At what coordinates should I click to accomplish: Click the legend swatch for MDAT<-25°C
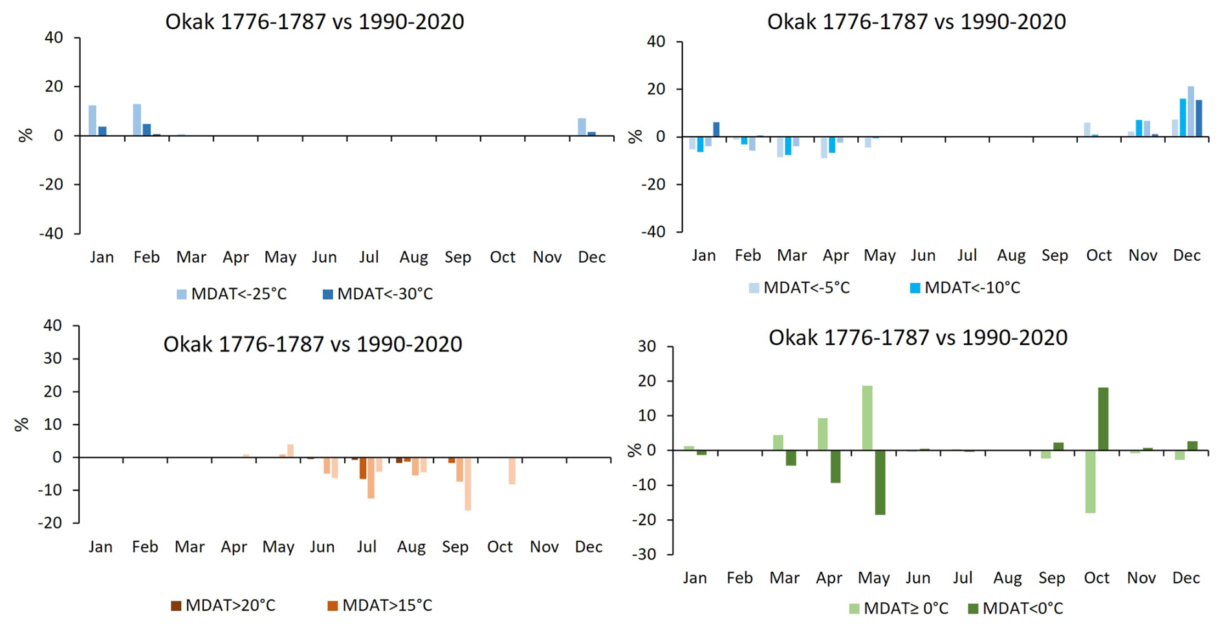coord(182,295)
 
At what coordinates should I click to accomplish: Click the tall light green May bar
coord(867,418)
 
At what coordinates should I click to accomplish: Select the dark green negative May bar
coord(880,482)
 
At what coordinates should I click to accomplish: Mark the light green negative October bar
coord(1090,482)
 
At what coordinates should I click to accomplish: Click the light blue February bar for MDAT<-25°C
coord(137,120)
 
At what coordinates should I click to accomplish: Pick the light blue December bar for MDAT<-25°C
coord(582,127)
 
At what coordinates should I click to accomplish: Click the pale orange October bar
coord(512,471)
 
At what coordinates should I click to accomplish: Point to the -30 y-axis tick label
coord(644,555)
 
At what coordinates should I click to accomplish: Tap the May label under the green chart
coord(873,578)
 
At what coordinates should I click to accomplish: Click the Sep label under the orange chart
coord(455,547)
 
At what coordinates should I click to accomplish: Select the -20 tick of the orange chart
coord(50,523)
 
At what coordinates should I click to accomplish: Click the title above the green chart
coord(917,337)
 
